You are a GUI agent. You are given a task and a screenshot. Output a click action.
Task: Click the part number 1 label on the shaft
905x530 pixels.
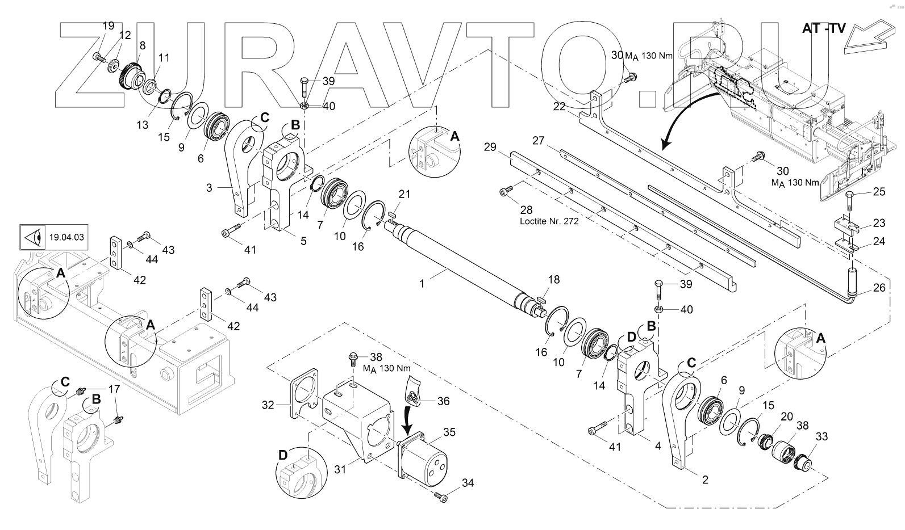[x=422, y=283]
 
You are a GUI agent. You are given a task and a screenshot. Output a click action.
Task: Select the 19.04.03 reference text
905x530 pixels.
[x=67, y=237]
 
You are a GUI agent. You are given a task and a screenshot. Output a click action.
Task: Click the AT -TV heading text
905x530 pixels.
[x=824, y=28]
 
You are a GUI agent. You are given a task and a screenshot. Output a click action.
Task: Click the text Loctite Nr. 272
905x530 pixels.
[x=549, y=221]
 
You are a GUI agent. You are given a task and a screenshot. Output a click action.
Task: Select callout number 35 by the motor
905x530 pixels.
[x=449, y=432]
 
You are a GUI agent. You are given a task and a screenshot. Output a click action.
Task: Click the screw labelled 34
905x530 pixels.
[x=441, y=497]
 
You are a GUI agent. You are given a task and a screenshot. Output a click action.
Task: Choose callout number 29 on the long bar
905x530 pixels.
[x=490, y=147]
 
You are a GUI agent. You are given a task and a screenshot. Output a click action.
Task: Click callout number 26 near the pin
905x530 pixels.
[x=879, y=288]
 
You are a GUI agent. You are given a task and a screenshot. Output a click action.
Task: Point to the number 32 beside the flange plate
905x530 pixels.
[x=268, y=405]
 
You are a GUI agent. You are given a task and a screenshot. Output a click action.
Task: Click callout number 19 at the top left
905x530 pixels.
[x=108, y=26]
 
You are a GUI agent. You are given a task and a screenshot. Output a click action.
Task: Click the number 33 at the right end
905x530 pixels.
[x=822, y=436]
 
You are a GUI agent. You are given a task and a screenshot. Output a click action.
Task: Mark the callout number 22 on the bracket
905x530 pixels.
[x=560, y=107]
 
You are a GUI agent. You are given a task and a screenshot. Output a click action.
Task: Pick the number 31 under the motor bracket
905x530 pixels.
[x=339, y=469]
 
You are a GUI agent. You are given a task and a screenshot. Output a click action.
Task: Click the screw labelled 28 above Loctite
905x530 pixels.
[x=505, y=192]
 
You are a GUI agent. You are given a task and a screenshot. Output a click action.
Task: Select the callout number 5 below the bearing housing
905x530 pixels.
[x=303, y=241]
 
